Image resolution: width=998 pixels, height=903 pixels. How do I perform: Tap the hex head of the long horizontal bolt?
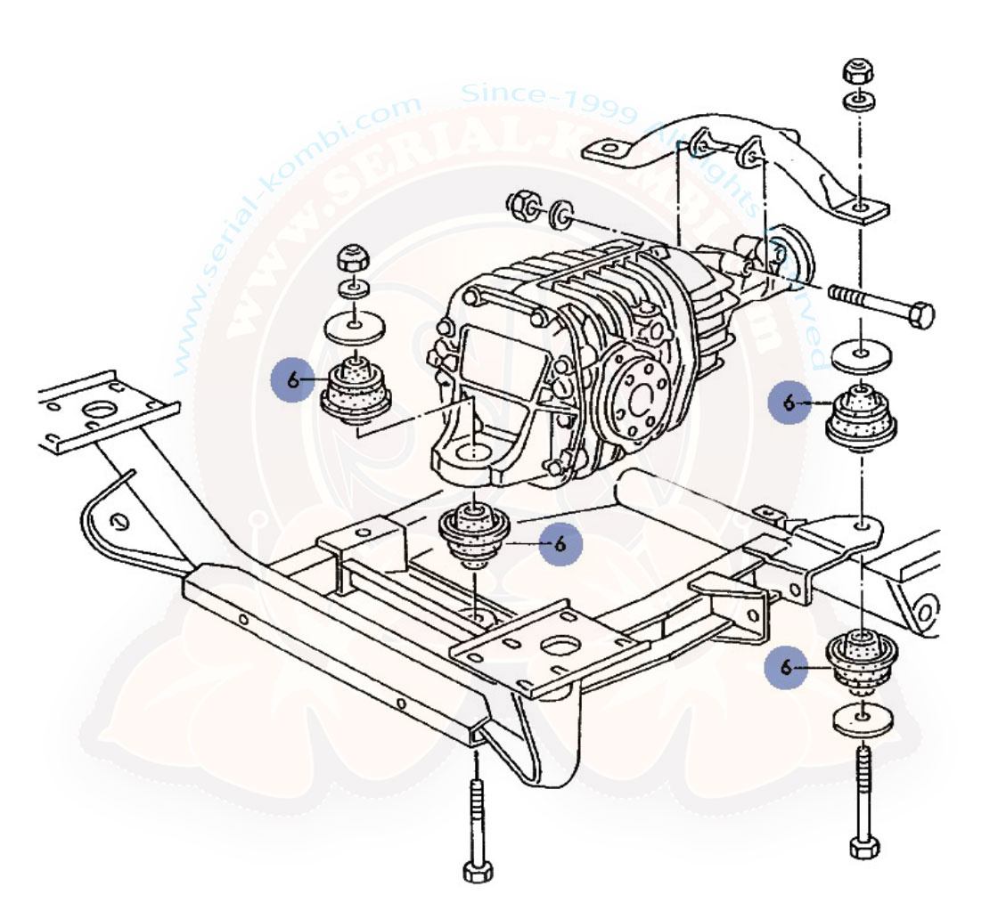tap(921, 314)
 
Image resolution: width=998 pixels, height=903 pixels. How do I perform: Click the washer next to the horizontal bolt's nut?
tap(561, 215)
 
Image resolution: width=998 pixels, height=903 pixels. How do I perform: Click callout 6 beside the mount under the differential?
tap(560, 543)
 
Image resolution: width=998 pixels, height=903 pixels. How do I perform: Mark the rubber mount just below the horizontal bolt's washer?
tap(863, 416)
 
